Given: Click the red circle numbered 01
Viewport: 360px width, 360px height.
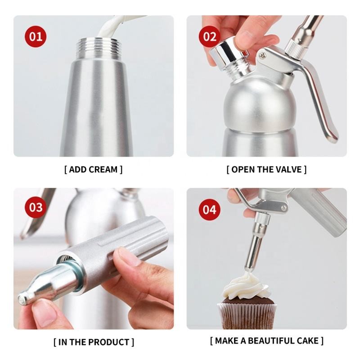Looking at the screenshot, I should click(36, 36).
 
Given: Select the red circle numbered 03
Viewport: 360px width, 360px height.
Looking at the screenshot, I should click(36, 208).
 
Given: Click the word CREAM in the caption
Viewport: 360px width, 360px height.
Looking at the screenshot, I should click(103, 170).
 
